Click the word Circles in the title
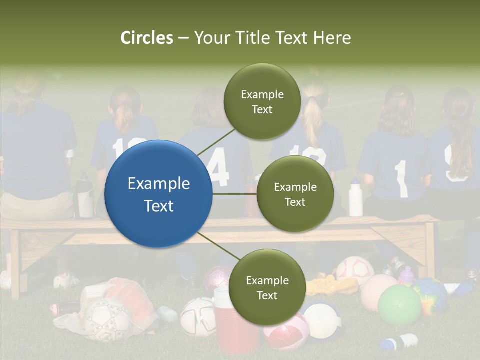point(146,38)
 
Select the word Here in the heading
point(332,38)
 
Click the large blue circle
point(159,194)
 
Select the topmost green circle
point(262,102)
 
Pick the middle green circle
point(295,194)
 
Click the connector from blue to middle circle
point(235,194)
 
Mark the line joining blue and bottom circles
point(218,247)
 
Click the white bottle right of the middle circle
point(355,198)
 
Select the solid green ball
point(399,305)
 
